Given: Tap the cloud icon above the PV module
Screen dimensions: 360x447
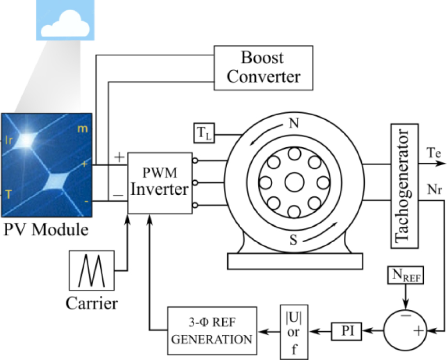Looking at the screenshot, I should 63,22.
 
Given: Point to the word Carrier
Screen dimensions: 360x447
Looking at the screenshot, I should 92,304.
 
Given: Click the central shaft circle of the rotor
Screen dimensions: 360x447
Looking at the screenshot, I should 293,183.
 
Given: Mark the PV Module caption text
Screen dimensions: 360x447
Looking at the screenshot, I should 46,229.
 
